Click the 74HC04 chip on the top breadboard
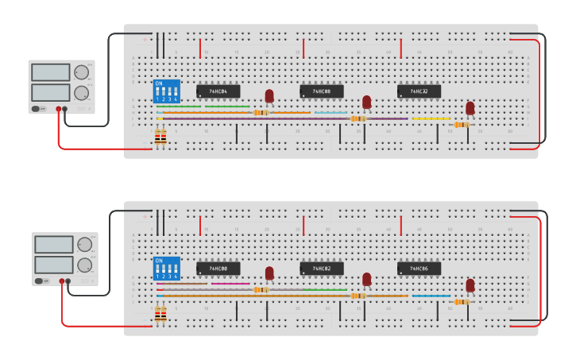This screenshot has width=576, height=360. pyautogui.click(x=218, y=91)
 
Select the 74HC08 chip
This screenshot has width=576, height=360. pyautogui.click(x=322, y=91)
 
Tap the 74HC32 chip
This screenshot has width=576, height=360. pyautogui.click(x=419, y=91)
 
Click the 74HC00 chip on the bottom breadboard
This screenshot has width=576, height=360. pyautogui.click(x=218, y=269)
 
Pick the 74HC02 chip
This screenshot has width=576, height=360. pyautogui.click(x=322, y=269)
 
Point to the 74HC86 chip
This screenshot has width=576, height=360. pyautogui.click(x=419, y=269)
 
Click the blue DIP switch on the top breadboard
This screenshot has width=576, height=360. pyautogui.click(x=167, y=91)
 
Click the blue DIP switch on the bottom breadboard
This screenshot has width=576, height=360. pyautogui.click(x=167, y=268)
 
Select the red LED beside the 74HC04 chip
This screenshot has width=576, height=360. pyautogui.click(x=269, y=95)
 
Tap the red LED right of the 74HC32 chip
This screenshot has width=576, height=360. pyautogui.click(x=470, y=107)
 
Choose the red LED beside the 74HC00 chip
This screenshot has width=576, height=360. pyautogui.click(x=269, y=273)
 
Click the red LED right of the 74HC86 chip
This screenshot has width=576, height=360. pyautogui.click(x=470, y=285)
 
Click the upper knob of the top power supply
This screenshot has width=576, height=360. pyautogui.click(x=81, y=72)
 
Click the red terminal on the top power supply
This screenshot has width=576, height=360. pyautogui.click(x=58, y=109)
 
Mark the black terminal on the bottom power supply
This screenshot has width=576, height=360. pyautogui.click(x=68, y=281)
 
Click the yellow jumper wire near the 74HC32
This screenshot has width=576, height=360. pyautogui.click(x=431, y=119)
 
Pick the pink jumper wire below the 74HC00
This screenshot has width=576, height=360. pyautogui.click(x=230, y=284)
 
